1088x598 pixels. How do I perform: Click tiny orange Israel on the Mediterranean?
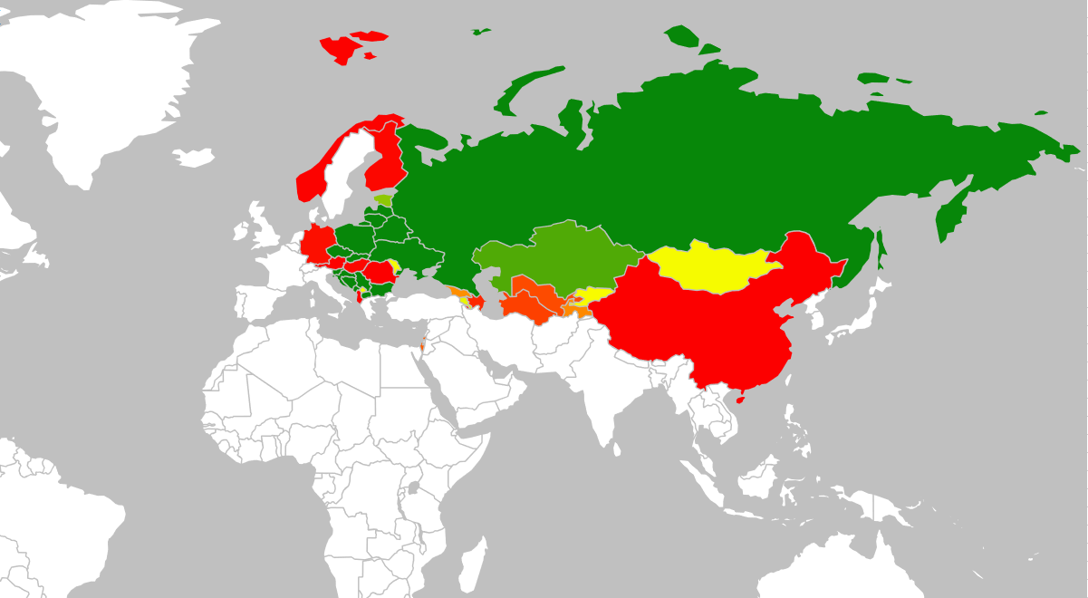point(422,345)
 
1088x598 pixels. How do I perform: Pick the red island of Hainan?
point(741,398)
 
